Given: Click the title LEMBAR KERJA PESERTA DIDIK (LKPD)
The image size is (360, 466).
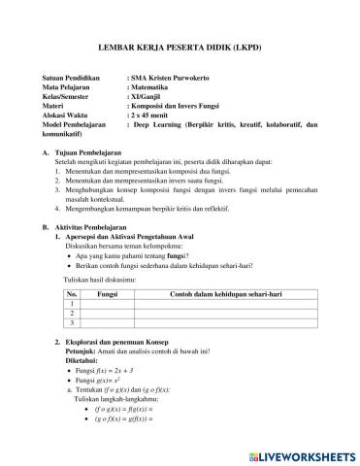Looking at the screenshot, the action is [x=180, y=47].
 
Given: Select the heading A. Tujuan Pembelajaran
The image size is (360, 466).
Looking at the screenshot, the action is [x=88, y=153].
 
